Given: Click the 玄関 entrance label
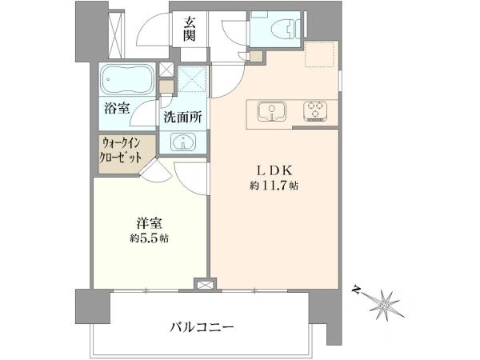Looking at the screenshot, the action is click(x=190, y=30).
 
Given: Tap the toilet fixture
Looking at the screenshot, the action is click(x=286, y=29).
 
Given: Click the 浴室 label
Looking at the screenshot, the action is click(x=117, y=108).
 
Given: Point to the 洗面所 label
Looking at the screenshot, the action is click(x=182, y=117).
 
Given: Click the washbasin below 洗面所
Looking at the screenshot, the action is click(x=183, y=142).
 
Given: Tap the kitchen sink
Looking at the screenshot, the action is click(x=272, y=111).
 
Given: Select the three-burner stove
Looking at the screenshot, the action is click(x=315, y=110).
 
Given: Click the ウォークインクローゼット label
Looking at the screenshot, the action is click(x=122, y=150).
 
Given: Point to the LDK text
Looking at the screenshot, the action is click(x=274, y=171).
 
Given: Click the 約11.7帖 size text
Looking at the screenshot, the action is click(x=274, y=186).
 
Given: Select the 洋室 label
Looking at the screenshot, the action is click(x=149, y=223).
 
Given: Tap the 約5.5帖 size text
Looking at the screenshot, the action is click(x=149, y=238).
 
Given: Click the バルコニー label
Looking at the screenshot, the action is click(x=202, y=327).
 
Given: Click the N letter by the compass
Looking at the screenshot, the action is click(x=356, y=289).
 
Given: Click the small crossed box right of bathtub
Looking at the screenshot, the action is click(x=166, y=70).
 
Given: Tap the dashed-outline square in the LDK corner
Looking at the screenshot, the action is click(x=319, y=54).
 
